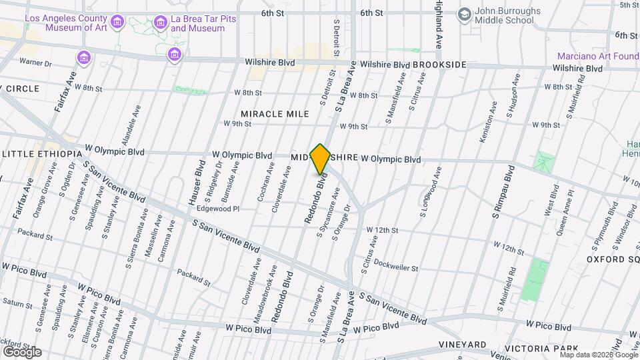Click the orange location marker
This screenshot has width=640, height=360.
click(321, 159)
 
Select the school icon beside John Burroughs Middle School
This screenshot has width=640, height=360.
click(464, 14)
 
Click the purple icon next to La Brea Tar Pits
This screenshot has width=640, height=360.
click(160, 23)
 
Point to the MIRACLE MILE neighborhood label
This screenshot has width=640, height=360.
click(275, 114)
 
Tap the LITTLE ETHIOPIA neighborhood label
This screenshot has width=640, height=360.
click(39, 154)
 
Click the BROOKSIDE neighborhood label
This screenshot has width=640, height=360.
click(439, 65)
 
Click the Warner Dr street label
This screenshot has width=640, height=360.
click(36, 63)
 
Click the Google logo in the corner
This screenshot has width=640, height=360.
click(22, 351)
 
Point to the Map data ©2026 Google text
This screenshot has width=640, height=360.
click(597, 355)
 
